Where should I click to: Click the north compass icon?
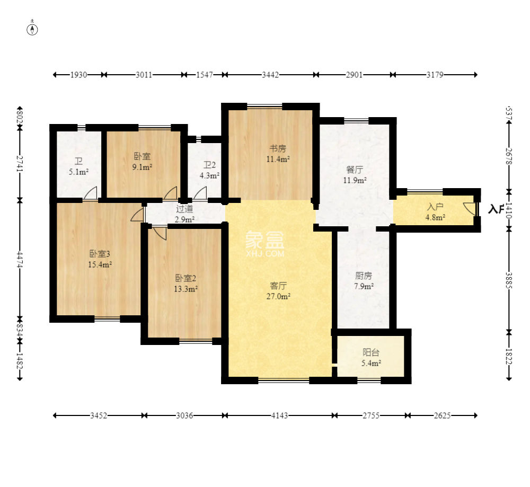click(x=32, y=29)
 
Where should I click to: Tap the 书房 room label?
click(x=278, y=148)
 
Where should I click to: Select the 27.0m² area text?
click(x=279, y=296)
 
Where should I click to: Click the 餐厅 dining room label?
click(x=355, y=170)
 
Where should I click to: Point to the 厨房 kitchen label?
click(x=364, y=276)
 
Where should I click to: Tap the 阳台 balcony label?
click(x=371, y=352)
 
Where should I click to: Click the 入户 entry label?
click(x=435, y=207)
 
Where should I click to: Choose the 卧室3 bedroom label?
click(x=100, y=253)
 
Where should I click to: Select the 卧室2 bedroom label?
click(x=185, y=278)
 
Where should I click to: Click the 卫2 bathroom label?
click(x=209, y=165)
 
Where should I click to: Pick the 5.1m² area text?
click(x=79, y=172)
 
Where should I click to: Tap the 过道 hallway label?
click(x=184, y=208)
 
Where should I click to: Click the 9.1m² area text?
click(x=142, y=167)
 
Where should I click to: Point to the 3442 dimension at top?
click(x=270, y=75)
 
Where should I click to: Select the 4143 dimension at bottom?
click(x=279, y=415)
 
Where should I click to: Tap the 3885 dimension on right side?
click(x=509, y=280)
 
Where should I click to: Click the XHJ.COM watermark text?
click(x=266, y=253)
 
